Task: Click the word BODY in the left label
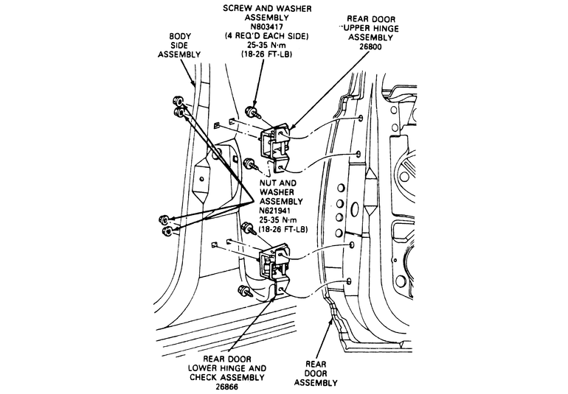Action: pos(181,35)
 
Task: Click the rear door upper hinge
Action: pos(275,144)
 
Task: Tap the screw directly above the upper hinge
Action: pos(252,112)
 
